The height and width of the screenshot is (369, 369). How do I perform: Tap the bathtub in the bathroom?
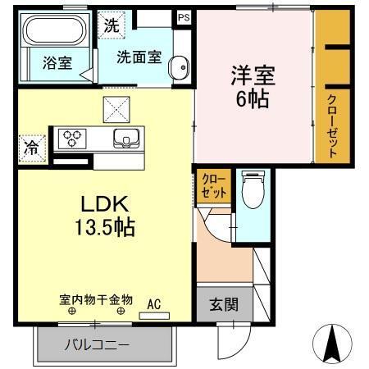(x=54, y=33)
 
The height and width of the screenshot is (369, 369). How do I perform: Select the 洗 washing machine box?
(x=111, y=25)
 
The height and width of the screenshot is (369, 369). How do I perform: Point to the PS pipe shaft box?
(x=182, y=16)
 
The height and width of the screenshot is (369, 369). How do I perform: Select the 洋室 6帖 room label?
(x=252, y=86)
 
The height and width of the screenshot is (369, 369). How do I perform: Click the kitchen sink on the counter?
(x=125, y=138)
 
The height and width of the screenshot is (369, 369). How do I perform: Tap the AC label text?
(x=153, y=303)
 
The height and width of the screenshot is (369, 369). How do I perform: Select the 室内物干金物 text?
(x=95, y=300)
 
